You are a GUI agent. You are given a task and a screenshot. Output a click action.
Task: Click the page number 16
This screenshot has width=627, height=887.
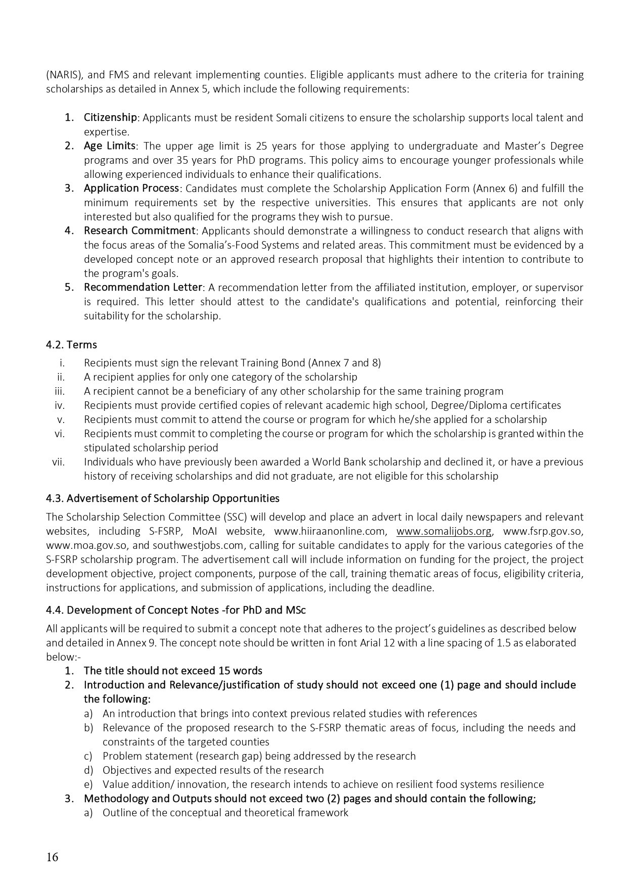click(52, 857)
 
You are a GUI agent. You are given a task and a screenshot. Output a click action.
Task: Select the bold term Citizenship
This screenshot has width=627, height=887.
click(110, 117)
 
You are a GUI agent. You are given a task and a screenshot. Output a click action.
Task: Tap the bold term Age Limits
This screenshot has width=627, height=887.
click(109, 146)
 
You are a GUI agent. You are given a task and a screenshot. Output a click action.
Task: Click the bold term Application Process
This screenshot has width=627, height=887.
click(131, 188)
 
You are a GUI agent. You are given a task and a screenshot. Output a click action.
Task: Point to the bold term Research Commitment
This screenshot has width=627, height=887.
click(139, 230)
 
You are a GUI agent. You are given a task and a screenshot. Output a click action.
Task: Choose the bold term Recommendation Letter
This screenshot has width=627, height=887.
click(143, 287)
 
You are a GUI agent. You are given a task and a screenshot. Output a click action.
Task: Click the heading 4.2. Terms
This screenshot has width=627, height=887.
click(71, 345)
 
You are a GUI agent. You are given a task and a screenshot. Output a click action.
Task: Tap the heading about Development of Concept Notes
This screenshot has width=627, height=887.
click(175, 610)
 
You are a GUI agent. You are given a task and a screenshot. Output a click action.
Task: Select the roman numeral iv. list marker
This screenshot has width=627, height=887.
click(60, 405)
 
